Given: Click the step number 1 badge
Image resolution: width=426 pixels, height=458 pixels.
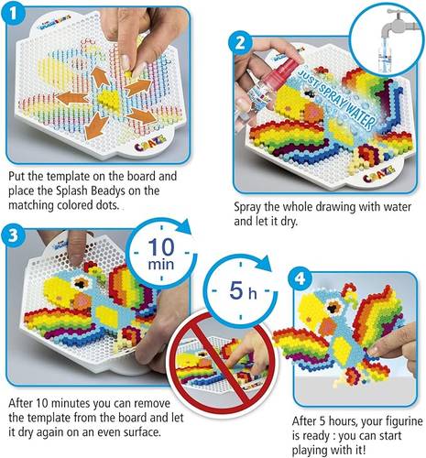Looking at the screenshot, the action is click(x=13, y=15).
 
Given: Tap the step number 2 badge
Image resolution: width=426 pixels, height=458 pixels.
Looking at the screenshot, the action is click(x=241, y=43).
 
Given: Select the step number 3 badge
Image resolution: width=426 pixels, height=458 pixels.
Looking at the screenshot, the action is click(x=13, y=235).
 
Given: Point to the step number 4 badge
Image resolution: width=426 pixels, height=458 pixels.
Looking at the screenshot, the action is click(x=300, y=278).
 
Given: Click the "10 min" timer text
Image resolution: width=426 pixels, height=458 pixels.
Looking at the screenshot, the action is click(x=161, y=254).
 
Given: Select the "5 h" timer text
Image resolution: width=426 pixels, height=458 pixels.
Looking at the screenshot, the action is click(x=243, y=290).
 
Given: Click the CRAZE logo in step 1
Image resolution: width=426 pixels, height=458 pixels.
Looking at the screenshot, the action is click(x=150, y=143).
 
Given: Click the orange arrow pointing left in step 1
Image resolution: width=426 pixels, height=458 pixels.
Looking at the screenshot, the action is click(x=72, y=98).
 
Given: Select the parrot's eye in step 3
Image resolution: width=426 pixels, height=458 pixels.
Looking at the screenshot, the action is click(x=81, y=283).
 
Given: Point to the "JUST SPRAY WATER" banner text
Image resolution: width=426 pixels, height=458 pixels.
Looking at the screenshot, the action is click(x=336, y=98).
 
